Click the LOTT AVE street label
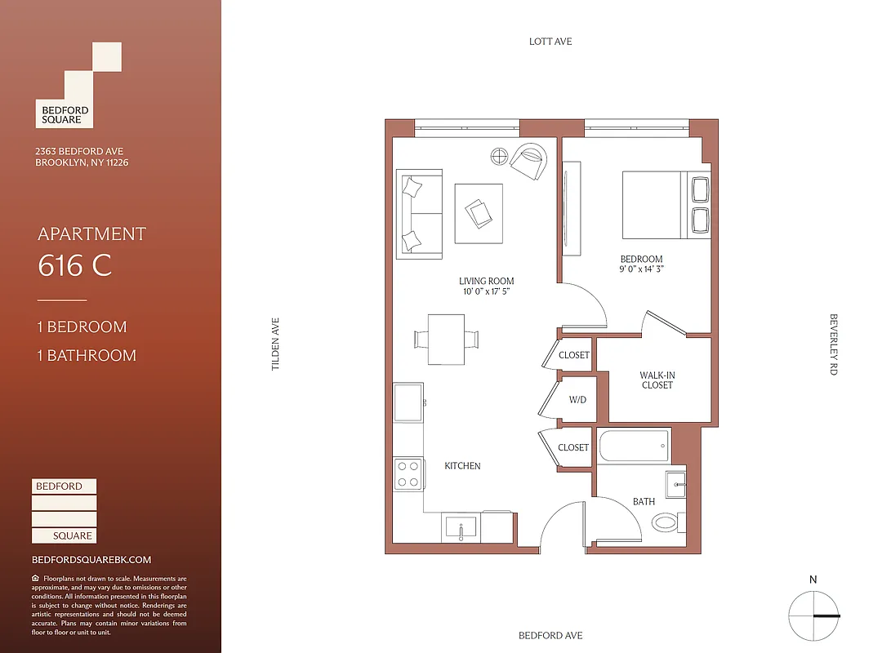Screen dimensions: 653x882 click(x=550, y=42)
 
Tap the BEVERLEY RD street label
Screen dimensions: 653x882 click(x=834, y=344)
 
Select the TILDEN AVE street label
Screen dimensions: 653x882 click(x=276, y=344)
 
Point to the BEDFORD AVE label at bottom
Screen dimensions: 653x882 click(x=550, y=636)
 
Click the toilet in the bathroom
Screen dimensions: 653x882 click(x=667, y=522)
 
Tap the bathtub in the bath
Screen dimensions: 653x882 click(x=633, y=446)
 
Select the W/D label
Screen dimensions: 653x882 click(x=578, y=400)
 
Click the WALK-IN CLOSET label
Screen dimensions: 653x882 click(x=657, y=380)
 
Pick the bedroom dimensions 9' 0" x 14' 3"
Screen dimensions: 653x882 click(x=641, y=270)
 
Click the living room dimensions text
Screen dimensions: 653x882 click(x=487, y=291)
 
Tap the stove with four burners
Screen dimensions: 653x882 click(x=408, y=473)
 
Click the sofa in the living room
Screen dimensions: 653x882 click(x=419, y=213)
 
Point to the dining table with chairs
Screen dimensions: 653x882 click(x=447, y=338)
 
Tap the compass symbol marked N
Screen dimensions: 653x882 click(x=813, y=615)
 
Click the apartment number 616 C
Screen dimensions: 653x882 click(x=74, y=266)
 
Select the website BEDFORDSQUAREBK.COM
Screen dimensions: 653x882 click(x=91, y=560)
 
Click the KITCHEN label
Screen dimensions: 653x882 click(x=462, y=466)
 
